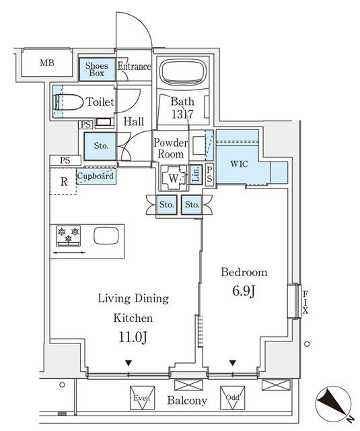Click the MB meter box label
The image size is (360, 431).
click(x=46, y=64)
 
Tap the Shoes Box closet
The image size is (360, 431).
click(x=97, y=69)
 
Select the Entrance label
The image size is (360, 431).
click(x=134, y=67)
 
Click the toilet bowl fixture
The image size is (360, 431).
click(x=69, y=102)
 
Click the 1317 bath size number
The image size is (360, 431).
click(x=182, y=114)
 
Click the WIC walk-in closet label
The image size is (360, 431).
click(x=240, y=163)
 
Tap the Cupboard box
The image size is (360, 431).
click(x=95, y=176)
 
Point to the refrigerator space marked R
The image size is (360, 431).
click(x=63, y=180)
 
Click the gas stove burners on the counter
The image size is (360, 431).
click(x=69, y=236)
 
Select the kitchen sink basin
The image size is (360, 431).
click(x=106, y=236)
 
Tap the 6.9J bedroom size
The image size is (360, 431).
click(x=244, y=293)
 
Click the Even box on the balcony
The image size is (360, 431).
click(x=141, y=398)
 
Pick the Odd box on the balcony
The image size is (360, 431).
click(x=232, y=397)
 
